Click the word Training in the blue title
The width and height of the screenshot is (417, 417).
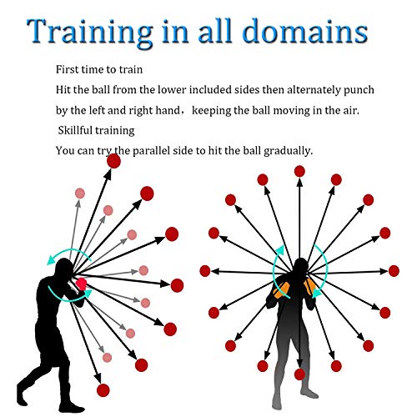click(x=89, y=32)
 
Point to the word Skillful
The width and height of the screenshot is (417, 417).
click(x=75, y=130)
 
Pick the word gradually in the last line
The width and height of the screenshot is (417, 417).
click(x=288, y=151)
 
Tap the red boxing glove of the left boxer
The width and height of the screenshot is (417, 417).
click(x=81, y=284)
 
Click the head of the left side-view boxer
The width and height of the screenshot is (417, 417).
click(x=64, y=269)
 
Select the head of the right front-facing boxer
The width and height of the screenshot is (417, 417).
click(x=300, y=267)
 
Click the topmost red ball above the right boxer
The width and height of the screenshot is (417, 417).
click(x=299, y=171)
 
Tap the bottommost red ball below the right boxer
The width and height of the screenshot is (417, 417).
click(x=299, y=374)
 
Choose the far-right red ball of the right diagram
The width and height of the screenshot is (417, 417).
click(x=394, y=271)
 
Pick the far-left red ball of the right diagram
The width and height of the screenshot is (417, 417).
click(x=205, y=271)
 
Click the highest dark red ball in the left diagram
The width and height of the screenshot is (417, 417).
click(x=113, y=161)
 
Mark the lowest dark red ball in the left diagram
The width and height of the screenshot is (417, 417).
click(x=103, y=390)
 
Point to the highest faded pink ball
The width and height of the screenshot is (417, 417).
click(x=80, y=193)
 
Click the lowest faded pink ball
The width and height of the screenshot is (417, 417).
click(x=107, y=358)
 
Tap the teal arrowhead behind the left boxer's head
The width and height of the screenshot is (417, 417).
click(x=51, y=261)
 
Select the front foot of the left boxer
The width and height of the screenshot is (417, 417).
click(x=73, y=409)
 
